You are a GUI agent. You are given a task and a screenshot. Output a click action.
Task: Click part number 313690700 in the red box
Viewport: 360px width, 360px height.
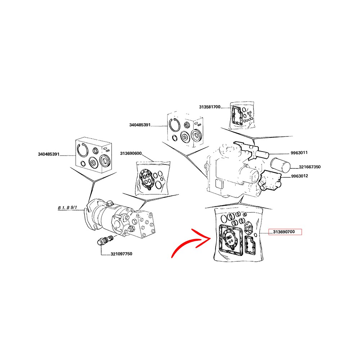(284, 232)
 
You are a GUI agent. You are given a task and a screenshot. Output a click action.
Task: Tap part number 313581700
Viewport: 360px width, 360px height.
(210, 107)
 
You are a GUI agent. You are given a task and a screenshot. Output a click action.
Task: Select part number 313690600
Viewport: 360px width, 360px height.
(131, 153)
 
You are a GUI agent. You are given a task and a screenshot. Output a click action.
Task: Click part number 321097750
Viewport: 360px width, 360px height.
(121, 254)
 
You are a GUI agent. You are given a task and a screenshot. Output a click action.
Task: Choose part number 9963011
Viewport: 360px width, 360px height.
(299, 153)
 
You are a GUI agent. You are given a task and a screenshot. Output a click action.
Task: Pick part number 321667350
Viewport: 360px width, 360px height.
(310, 167)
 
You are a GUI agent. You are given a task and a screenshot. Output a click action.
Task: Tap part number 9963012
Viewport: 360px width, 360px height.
(300, 176)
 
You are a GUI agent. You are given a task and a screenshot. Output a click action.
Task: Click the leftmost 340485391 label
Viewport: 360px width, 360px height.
(49, 154)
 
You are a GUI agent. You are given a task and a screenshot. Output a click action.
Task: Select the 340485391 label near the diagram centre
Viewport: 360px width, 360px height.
(140, 125)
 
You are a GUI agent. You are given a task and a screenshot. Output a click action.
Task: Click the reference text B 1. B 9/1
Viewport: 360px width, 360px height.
(68, 208)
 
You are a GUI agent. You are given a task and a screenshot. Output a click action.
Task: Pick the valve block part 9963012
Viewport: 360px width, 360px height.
(270, 181)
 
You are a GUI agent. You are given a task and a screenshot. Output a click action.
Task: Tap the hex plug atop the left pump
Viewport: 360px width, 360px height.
(110, 203)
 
